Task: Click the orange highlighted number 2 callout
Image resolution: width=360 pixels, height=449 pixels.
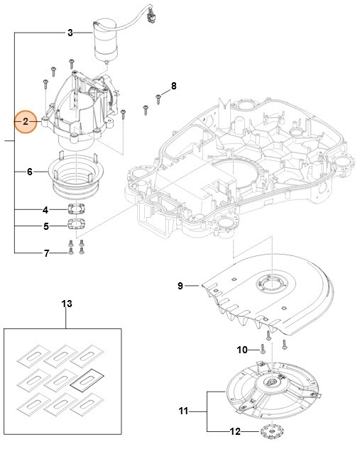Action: [x=26, y=123]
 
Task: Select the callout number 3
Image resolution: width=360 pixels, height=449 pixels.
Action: [x=70, y=33]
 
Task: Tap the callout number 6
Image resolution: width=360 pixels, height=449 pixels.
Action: [x=29, y=172]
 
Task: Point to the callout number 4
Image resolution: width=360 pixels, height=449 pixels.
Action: [x=45, y=210]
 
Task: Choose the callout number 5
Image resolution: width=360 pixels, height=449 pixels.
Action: [x=45, y=227]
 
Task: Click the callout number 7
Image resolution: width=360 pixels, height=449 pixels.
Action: [x=47, y=253]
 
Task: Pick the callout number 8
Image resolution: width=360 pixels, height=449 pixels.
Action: [x=173, y=87]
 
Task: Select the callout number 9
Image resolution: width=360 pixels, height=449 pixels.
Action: [x=180, y=286]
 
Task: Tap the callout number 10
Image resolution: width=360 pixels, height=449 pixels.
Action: [x=241, y=349]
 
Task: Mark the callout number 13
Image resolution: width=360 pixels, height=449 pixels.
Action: [x=66, y=304]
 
